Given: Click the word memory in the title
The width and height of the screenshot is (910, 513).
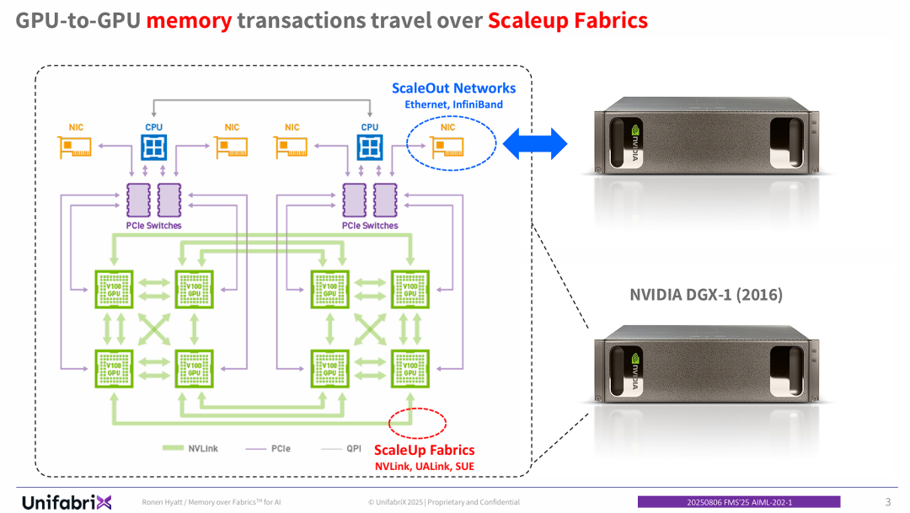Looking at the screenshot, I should click(189, 20).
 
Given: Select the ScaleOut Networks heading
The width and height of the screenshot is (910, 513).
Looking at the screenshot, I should click(453, 88).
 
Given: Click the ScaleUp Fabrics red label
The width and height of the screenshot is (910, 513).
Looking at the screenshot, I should click(424, 450).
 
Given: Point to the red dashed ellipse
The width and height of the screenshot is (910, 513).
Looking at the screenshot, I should click(416, 421).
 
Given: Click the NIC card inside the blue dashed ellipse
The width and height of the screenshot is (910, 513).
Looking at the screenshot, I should click(448, 147).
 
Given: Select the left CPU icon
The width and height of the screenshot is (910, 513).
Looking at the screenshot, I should click(154, 147).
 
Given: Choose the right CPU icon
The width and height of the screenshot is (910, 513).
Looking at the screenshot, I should click(370, 147).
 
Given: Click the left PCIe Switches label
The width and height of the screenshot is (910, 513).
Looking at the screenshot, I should click(153, 226).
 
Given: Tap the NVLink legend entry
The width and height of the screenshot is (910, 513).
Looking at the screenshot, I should click(203, 448).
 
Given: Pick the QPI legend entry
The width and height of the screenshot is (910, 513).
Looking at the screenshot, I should click(353, 448).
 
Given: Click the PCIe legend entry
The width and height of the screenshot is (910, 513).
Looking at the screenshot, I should click(281, 448).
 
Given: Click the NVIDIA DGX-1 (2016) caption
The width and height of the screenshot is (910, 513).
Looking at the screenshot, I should click(705, 295).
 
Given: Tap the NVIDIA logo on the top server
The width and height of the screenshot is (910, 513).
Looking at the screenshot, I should click(638, 135).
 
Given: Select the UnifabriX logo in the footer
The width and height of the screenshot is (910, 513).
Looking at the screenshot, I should click(67, 502).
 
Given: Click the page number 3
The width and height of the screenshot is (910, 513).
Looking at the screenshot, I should click(887, 502).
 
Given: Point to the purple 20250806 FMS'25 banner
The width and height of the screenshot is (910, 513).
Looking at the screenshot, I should click(738, 502).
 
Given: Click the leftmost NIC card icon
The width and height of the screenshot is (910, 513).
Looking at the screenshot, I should click(76, 147).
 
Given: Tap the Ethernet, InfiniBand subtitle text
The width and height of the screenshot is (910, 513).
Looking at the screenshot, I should click(453, 104).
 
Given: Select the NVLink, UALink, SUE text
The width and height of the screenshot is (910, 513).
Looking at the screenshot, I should click(424, 466).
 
